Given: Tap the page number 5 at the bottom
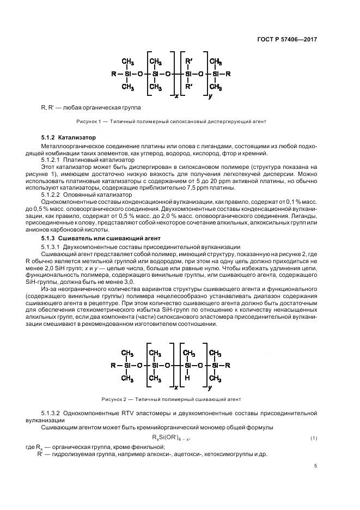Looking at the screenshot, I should (316, 466).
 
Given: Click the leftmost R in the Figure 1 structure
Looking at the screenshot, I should (113, 73).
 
